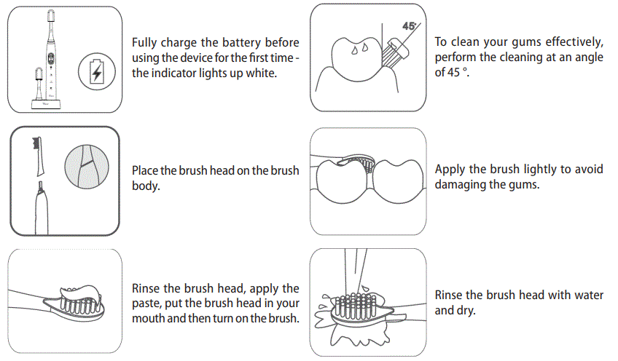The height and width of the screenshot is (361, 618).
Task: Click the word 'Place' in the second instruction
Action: (x=144, y=170)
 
